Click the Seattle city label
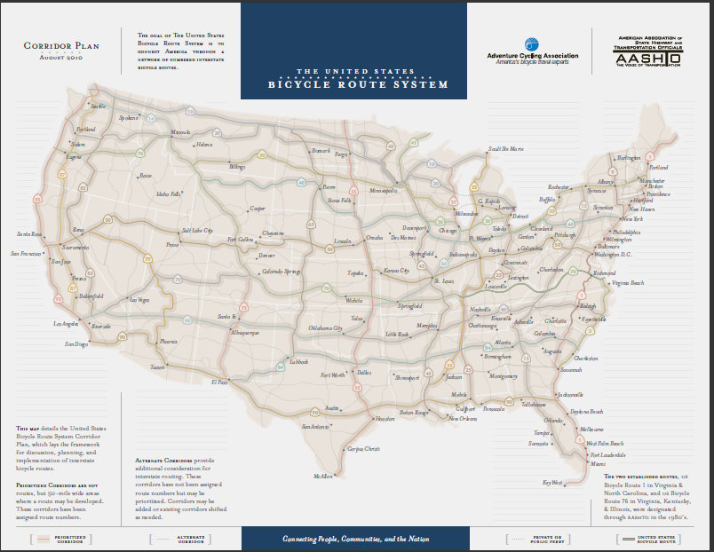[99, 106]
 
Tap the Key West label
[552, 483]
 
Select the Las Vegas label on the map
[139, 300]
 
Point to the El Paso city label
[219, 382]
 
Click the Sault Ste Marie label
[506, 149]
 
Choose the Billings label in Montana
[237, 167]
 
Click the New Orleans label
[462, 418]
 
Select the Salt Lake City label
[197, 230]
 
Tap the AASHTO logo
[647, 52]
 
